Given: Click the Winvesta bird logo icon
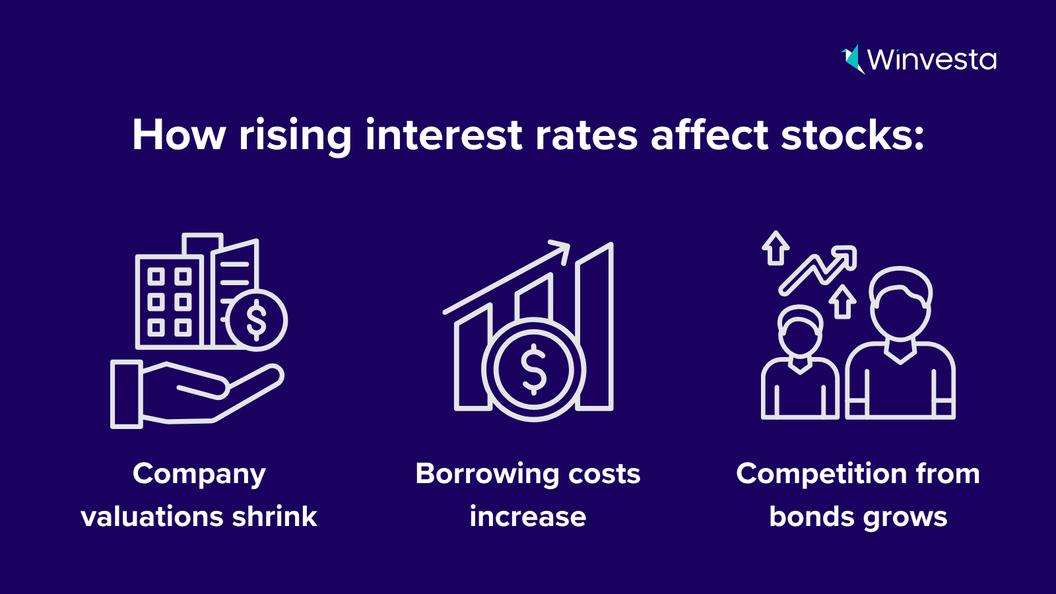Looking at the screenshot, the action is pos(853,59).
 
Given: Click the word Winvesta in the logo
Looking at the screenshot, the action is pos(932,60).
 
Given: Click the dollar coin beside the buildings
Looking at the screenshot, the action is pos(257,321).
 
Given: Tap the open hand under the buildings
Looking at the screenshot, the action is pos(197,395).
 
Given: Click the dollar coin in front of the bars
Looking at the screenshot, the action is pos(534,369).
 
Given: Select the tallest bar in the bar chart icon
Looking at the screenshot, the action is pos(595,326).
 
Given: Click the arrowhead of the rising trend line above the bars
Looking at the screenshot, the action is pos(560,251).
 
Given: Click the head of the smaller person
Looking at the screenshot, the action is pos(801,330).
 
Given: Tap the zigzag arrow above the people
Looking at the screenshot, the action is pos(818,270).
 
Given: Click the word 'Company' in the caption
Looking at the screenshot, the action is pos(199,475).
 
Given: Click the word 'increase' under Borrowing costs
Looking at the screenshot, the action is pos(528,517).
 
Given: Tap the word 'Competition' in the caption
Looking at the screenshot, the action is pos(822,475).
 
